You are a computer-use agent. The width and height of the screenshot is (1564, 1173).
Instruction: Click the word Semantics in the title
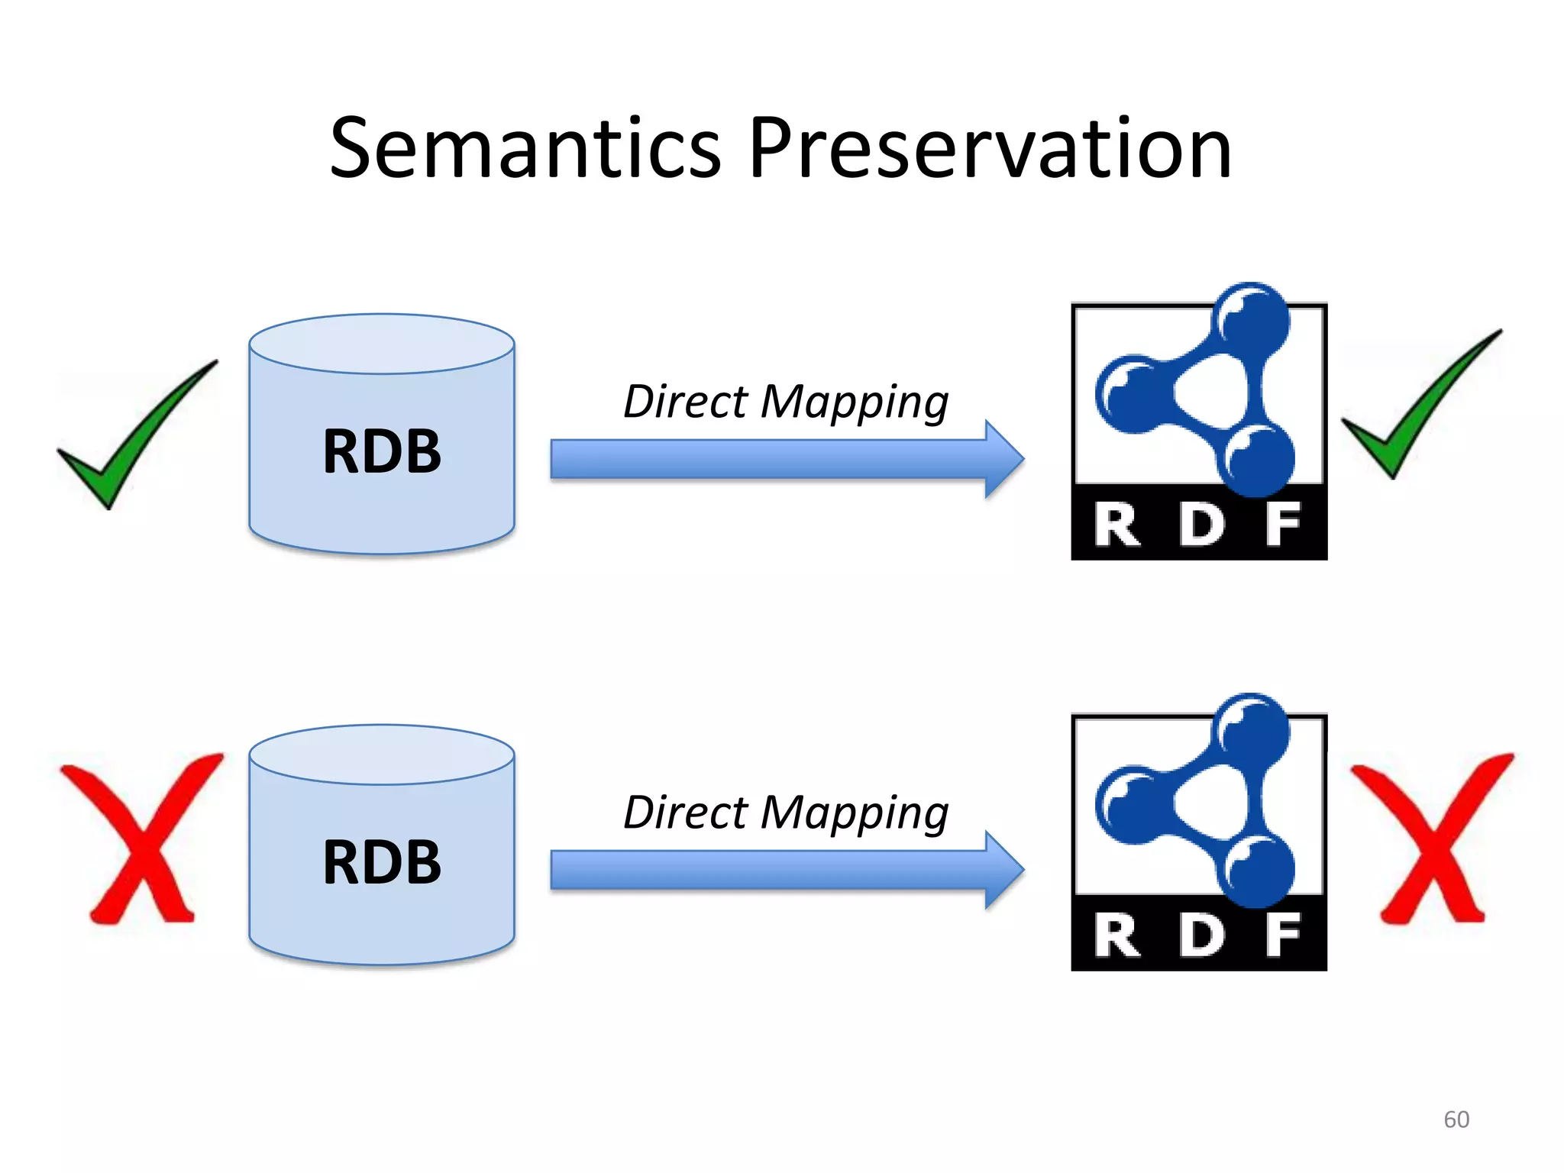pos(525,149)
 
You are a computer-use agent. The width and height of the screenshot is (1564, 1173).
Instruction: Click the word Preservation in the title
pos(990,149)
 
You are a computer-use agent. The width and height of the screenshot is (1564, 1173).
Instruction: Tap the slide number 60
pos(1456,1119)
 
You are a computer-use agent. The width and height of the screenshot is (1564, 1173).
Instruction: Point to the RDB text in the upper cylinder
pos(382,451)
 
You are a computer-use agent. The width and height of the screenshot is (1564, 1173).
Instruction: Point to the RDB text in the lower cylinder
pos(382,862)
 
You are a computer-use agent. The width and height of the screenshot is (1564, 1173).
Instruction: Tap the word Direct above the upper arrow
pos(685,402)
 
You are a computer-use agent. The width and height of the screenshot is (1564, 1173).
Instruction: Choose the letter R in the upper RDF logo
pos(1116,525)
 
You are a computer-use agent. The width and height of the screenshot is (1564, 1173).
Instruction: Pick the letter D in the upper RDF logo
pos(1200,525)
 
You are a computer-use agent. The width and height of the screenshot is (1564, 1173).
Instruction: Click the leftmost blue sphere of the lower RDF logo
pos(1132,805)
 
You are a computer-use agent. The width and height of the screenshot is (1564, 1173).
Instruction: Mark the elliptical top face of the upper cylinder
pos(382,344)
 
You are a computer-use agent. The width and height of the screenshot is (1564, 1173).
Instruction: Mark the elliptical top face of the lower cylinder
pos(382,755)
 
